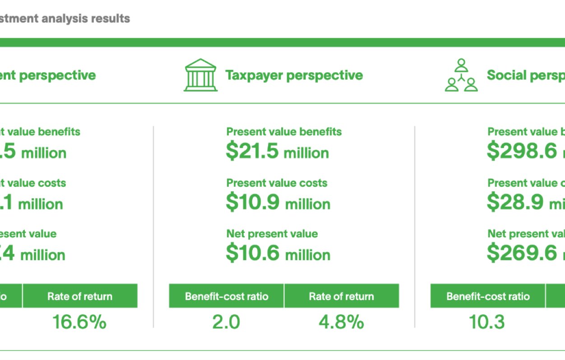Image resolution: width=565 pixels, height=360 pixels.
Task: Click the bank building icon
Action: point(200,75)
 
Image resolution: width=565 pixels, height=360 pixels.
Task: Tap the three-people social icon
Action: point(461,75)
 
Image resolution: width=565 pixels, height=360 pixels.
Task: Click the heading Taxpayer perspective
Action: point(294,75)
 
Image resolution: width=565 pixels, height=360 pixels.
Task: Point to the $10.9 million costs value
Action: point(278,203)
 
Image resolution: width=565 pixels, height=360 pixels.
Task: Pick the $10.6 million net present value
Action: point(278,254)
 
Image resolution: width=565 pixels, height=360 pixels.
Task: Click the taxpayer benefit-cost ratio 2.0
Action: point(226,322)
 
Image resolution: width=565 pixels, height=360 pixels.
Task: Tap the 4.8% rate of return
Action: point(342,322)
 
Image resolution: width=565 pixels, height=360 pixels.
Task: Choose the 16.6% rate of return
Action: point(79,322)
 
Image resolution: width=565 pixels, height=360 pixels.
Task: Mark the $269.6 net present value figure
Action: point(523,254)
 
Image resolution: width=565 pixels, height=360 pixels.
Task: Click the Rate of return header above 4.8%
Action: point(342,296)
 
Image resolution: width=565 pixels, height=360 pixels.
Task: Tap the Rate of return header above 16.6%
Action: point(80,296)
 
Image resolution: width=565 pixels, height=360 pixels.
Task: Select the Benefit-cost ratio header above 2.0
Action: point(227,296)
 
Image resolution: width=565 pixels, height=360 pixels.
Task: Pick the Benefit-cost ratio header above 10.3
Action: point(488,296)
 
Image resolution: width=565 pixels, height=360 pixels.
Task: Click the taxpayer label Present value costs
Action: point(277,183)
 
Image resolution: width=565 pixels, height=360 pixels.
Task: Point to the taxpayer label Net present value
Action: point(272,234)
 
